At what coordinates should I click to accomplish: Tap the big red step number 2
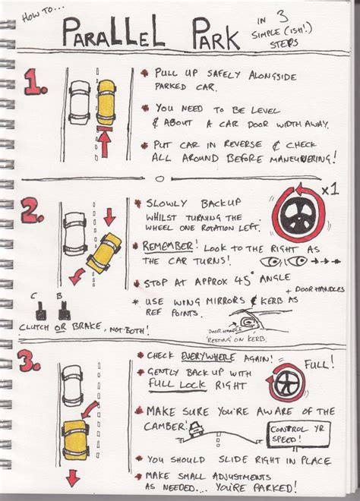pos(33,211)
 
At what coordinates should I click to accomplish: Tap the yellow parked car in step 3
pos(76,440)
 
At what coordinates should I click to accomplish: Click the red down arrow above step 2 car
pos(109,218)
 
